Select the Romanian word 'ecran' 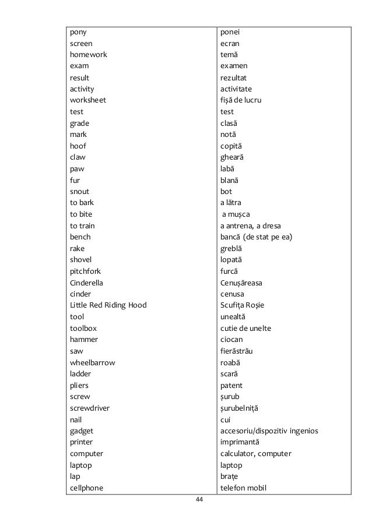point(230,43)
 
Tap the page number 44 point(199,500)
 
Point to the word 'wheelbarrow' point(92,362)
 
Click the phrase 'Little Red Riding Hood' point(108,305)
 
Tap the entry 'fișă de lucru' point(241,100)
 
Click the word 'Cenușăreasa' point(241,283)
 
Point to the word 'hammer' point(84,340)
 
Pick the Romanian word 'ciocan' point(232,340)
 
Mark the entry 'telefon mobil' point(243,488)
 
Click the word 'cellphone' point(87,488)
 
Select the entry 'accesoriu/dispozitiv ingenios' point(269,431)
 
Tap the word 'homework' point(89,55)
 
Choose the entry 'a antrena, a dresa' point(251,225)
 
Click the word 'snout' point(79,191)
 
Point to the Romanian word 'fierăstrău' point(236,351)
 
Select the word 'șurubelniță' point(239,408)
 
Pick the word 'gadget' point(82,431)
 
